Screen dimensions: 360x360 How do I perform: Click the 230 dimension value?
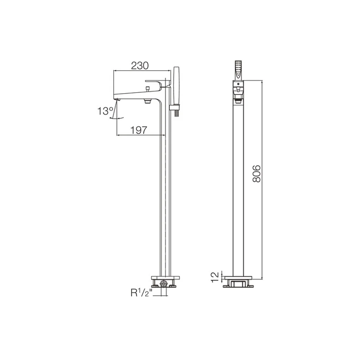140,66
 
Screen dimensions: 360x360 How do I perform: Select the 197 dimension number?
139,130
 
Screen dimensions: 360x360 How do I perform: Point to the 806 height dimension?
256,174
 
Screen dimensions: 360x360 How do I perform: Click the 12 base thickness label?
215,277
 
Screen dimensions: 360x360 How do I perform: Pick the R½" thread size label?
141,293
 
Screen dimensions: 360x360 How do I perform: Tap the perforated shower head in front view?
238,71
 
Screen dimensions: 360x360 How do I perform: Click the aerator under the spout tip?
118,99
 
